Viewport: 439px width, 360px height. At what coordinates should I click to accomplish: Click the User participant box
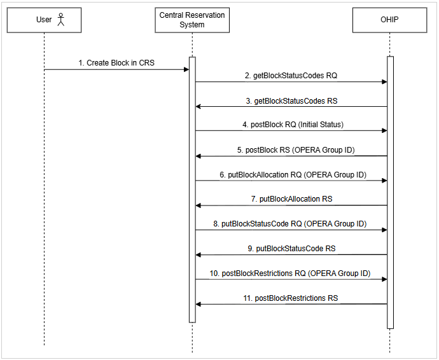tap(44, 20)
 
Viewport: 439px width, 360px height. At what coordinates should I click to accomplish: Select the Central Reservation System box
tap(192, 20)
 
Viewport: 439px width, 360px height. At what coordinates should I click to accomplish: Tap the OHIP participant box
tap(390, 20)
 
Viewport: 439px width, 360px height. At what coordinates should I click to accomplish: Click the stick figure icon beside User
tap(61, 20)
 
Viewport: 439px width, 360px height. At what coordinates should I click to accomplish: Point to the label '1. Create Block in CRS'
tap(116, 63)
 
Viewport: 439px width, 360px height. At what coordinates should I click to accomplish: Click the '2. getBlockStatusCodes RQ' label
tap(291, 75)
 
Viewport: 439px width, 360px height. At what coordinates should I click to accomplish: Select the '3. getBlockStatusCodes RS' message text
tap(291, 100)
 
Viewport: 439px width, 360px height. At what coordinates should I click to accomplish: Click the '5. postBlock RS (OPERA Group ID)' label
tap(291, 149)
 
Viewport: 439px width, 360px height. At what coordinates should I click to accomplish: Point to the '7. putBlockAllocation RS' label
tap(291, 199)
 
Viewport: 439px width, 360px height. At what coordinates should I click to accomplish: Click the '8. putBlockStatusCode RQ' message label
tap(291, 224)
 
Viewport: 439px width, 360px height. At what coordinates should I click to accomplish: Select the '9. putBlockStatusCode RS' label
tap(291, 248)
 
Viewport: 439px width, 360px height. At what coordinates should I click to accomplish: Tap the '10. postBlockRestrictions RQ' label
tap(290, 273)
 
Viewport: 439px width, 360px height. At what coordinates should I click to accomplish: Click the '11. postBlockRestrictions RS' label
tap(291, 298)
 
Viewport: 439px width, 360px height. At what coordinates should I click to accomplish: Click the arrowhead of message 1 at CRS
tap(186, 69)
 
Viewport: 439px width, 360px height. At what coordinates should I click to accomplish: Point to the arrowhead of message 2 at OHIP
tap(384, 81)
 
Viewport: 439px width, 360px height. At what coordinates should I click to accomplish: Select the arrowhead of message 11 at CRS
tap(199, 304)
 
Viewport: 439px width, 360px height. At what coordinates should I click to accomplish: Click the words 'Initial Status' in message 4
tap(321, 125)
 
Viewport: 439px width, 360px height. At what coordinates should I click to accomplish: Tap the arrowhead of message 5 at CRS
tap(199, 156)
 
